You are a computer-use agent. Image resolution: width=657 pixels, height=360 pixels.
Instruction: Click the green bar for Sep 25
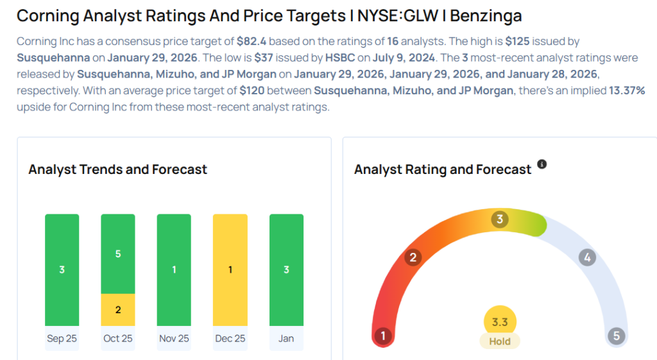tap(62, 270)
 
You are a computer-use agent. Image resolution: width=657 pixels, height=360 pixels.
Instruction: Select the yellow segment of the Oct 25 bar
tap(118, 309)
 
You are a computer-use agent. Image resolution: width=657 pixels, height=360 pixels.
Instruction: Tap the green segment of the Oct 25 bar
tap(118, 254)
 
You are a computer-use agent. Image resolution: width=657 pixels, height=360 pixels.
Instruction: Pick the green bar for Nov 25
tap(174, 270)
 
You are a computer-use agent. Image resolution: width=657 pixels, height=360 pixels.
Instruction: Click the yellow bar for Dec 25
tap(230, 270)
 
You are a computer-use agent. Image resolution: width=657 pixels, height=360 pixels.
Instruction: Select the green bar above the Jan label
tap(286, 270)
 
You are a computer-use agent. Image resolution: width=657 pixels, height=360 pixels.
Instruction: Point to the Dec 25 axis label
tap(230, 338)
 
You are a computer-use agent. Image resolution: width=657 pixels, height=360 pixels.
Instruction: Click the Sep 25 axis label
tap(62, 338)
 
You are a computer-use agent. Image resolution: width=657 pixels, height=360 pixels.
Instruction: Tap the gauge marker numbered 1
tap(383, 336)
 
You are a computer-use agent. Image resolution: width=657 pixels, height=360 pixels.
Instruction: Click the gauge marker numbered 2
tap(414, 257)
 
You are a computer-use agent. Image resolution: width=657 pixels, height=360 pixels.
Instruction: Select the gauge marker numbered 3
tap(500, 219)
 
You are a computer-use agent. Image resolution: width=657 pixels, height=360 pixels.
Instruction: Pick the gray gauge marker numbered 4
tap(586, 257)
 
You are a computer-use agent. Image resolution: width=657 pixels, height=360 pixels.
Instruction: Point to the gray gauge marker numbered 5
tap(617, 336)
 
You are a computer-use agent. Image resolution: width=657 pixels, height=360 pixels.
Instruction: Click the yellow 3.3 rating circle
tap(500, 322)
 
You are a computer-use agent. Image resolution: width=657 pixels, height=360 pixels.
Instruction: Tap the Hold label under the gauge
tap(500, 341)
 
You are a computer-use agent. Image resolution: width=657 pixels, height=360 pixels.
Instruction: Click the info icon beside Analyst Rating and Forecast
tap(542, 165)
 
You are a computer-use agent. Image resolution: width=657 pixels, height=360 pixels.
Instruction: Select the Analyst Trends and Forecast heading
tap(118, 169)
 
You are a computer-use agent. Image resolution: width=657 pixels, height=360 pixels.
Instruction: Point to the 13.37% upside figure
tap(626, 90)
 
